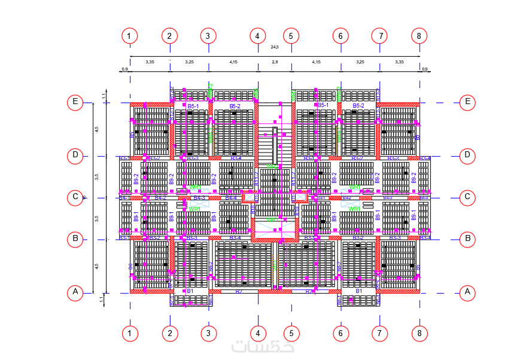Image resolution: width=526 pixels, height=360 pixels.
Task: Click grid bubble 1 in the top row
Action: pos(130,36)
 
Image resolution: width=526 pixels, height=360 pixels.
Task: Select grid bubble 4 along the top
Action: pos(257,36)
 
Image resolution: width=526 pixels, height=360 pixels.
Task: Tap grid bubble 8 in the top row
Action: pos(419,36)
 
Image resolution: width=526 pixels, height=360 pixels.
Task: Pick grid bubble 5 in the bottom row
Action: pos(291,332)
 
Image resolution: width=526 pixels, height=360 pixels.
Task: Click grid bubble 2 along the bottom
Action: pos(169,332)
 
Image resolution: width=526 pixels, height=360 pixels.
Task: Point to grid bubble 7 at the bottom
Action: pos(379,332)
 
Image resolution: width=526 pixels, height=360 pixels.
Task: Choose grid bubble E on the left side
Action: pos(75,102)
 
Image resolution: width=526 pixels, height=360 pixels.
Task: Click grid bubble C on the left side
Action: pos(75,197)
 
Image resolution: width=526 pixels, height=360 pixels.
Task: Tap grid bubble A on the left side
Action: pos(75,292)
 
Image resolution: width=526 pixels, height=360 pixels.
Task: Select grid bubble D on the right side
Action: pos(468,155)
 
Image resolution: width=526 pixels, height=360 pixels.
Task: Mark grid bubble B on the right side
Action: pos(468,239)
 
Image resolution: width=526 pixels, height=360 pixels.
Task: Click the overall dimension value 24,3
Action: pos(275,47)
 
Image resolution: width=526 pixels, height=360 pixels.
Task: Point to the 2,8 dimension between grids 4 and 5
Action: pos(275,62)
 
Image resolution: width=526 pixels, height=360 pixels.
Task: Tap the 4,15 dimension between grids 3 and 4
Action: pos(233,62)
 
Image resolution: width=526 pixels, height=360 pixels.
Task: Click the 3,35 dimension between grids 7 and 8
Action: pos(399,62)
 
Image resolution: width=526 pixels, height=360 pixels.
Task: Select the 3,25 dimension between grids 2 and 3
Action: pos(189,62)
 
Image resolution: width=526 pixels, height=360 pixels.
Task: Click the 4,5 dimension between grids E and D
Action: pos(96,129)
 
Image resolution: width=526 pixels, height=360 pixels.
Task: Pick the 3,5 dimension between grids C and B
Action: pos(96,218)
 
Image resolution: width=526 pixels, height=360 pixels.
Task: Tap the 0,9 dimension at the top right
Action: pos(424,69)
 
